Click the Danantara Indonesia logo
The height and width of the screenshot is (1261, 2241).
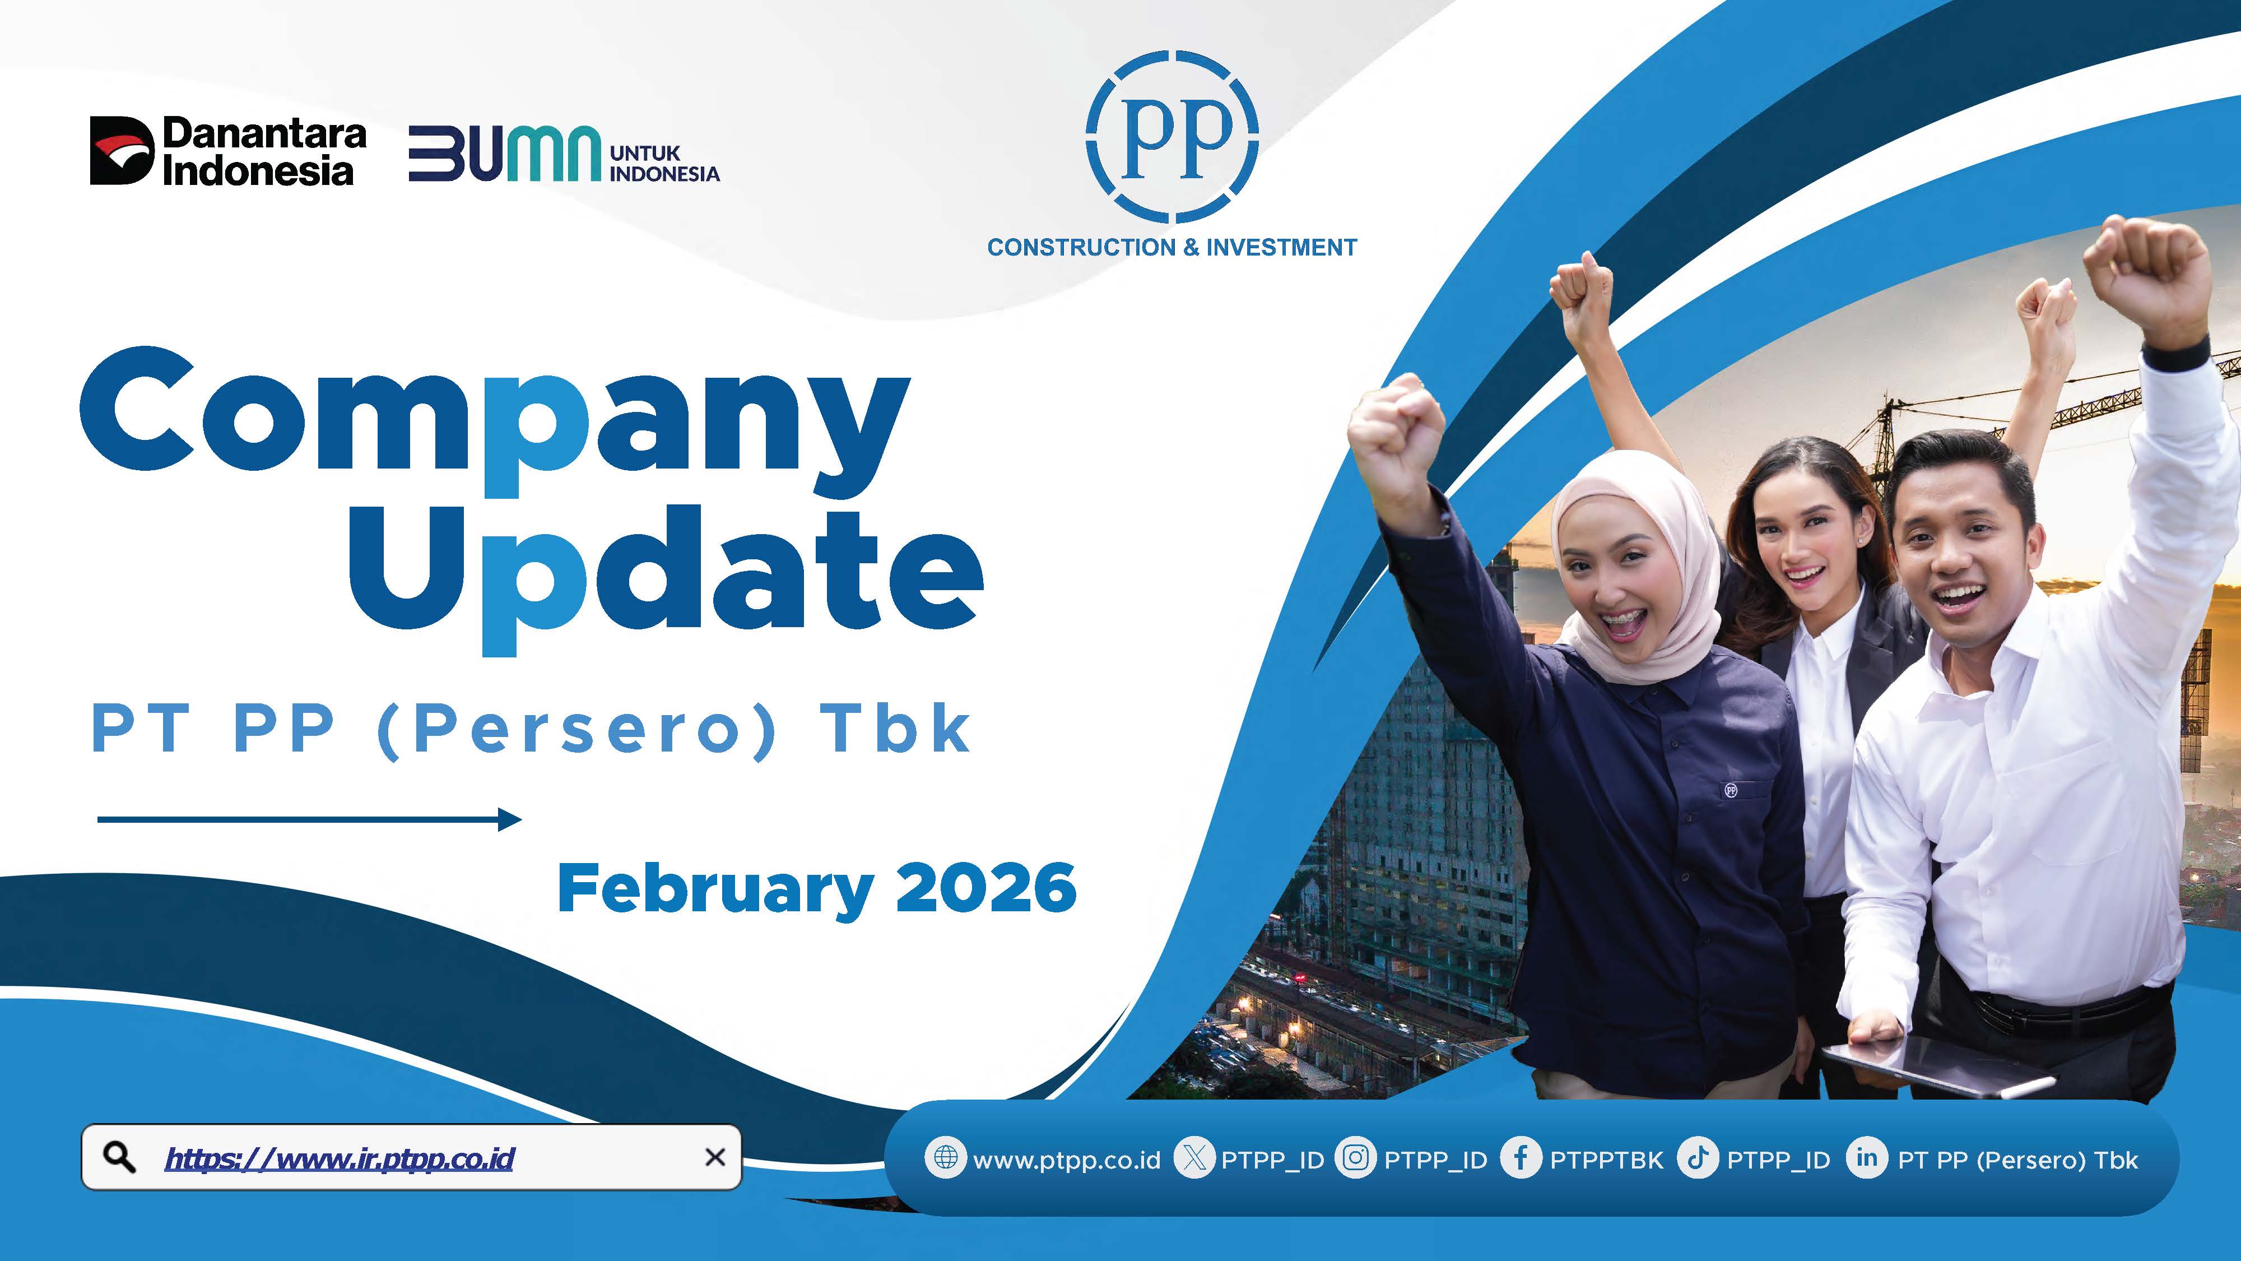[x=228, y=151]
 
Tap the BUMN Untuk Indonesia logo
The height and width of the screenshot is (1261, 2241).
[x=564, y=155]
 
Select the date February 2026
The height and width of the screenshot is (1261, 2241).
[x=817, y=888]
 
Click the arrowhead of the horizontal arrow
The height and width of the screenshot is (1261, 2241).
[x=510, y=819]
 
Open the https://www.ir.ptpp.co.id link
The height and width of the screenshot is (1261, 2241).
[x=340, y=1158]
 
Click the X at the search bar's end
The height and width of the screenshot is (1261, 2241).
[x=714, y=1157]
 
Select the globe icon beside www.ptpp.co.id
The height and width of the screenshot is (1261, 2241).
[x=945, y=1158]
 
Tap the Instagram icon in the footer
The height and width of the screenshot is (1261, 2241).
[x=1355, y=1158]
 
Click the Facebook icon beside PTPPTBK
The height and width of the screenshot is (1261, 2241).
[x=1521, y=1158]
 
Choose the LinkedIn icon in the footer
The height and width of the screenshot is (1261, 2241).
[x=1866, y=1158]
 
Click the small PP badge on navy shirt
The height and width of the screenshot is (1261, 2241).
[x=1731, y=790]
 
